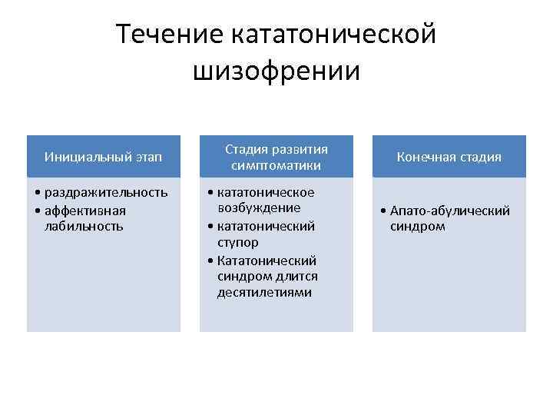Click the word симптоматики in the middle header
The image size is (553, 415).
pos(276,165)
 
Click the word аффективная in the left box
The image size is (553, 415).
pos(85,210)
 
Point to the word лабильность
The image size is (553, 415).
pos(84,226)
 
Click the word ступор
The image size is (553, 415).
pos(237,242)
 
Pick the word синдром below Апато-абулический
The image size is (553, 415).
pos(417,227)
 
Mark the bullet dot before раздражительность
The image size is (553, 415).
pos(38,193)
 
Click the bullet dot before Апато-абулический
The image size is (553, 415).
pos(383,211)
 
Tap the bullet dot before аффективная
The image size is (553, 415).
pos(38,210)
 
